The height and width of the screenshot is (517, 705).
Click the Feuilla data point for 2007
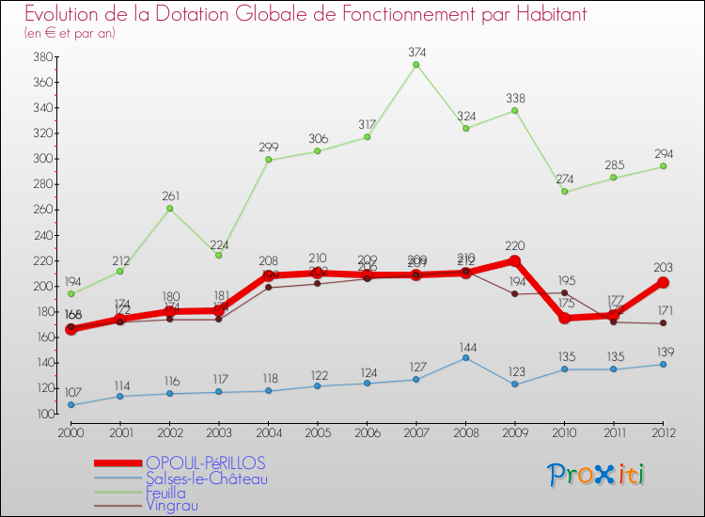415,64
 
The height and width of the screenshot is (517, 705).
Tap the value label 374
415,52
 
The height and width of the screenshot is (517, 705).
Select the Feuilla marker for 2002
169,208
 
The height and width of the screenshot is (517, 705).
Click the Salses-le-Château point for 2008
465,357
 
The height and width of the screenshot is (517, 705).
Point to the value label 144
465,345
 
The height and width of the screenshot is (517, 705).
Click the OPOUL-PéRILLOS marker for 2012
663,282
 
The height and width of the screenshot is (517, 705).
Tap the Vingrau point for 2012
663,323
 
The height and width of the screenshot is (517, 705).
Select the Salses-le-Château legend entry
207,478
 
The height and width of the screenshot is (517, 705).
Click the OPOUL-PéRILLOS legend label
205,462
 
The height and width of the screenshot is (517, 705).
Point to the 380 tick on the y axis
41,56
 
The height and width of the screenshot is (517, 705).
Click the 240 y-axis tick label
41,235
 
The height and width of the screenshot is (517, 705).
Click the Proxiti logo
597,475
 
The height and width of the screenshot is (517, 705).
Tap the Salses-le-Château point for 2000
70,405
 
